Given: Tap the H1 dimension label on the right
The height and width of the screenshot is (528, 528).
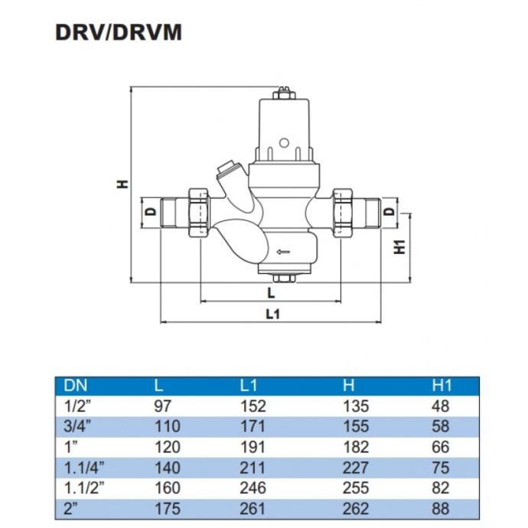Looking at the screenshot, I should coord(398,247).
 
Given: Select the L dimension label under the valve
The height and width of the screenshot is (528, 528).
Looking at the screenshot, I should coord(272,292).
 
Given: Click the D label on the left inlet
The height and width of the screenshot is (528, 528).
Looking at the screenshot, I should coord(151,210).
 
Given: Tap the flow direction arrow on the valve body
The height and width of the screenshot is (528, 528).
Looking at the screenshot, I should coord(283,250).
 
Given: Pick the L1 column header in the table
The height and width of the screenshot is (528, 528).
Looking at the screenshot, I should coord(252,386).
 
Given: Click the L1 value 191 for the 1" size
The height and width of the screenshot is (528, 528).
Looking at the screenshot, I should coord(252,448).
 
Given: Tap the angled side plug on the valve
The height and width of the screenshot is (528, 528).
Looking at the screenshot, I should coord(227,168).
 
